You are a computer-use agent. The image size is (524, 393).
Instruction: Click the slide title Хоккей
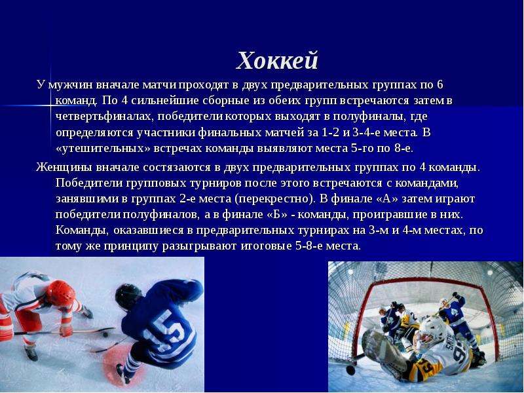pos(277,61)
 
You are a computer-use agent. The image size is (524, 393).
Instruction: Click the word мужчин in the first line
pos(70,85)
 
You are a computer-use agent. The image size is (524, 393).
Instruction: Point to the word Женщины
pos(64,167)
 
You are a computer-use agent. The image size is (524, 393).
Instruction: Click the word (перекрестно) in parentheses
pos(274,199)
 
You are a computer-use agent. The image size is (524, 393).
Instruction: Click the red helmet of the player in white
pos(60,293)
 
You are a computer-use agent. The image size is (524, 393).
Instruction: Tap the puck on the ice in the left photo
pos(105,334)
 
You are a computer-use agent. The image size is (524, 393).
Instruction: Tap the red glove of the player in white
pos(66,330)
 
